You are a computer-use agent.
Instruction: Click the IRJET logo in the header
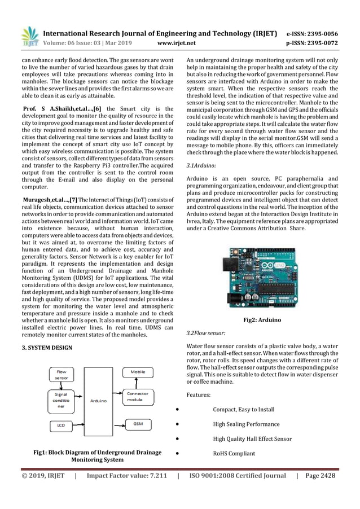(29, 36)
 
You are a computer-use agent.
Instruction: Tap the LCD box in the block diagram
(60, 425)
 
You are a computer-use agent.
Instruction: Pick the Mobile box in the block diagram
(138, 372)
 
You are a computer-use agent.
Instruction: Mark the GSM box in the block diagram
(138, 423)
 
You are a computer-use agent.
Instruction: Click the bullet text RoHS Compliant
(234, 453)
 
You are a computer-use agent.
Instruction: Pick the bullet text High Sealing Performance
(246, 424)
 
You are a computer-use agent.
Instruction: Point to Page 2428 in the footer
(320, 475)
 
